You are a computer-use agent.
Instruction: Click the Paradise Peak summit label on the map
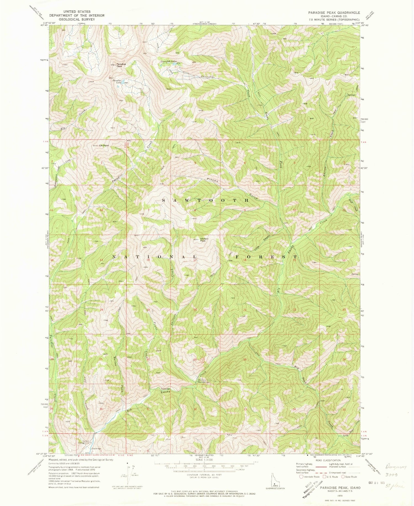(x=121, y=65)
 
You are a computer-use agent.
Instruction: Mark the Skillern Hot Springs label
(x=204, y=381)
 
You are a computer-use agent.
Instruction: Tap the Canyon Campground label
(x=85, y=442)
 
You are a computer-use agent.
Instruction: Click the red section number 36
(x=101, y=409)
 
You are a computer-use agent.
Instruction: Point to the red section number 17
(x=195, y=260)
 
